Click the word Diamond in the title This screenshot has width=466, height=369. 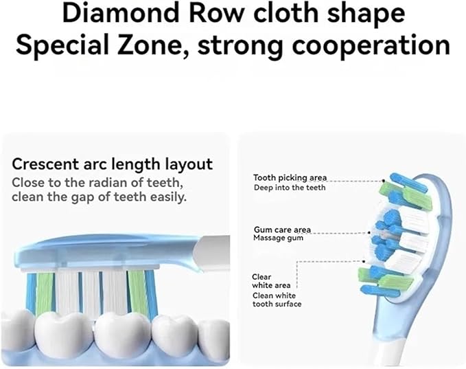tap(121, 13)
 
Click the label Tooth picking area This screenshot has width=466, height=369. tap(290, 178)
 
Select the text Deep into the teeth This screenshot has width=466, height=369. tap(290, 188)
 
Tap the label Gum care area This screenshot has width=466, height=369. tap(282, 230)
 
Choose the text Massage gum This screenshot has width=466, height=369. tap(278, 238)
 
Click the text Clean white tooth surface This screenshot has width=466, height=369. tap(277, 300)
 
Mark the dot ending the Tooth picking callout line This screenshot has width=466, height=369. tap(384, 181)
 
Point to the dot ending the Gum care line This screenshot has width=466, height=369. tap(369, 232)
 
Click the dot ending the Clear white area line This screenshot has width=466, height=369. tap(364, 261)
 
